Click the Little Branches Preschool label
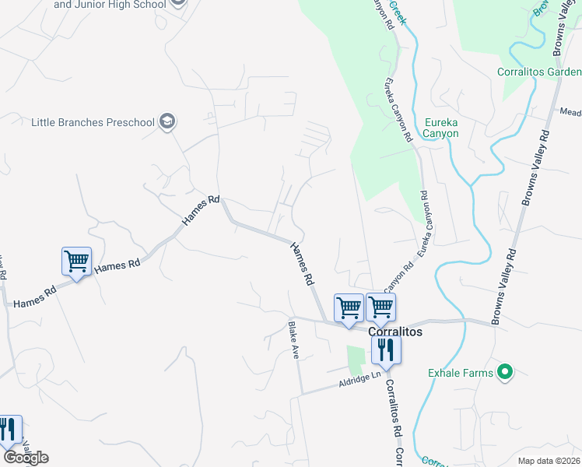pyautogui.click(x=93, y=122)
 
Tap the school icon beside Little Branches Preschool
pyautogui.click(x=167, y=121)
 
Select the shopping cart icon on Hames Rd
pyautogui.click(x=76, y=262)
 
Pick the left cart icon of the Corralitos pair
pyautogui.click(x=349, y=307)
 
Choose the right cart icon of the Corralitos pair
pyautogui.click(x=380, y=307)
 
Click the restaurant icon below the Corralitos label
pyautogui.click(x=386, y=350)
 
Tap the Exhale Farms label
pyautogui.click(x=461, y=373)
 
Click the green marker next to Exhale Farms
pyautogui.click(x=505, y=373)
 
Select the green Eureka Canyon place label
pyautogui.click(x=441, y=128)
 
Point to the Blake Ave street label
pyautogui.click(x=295, y=341)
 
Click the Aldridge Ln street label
pyautogui.click(x=359, y=380)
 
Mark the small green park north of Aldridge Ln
pyautogui.click(x=356, y=359)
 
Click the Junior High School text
pyautogui.click(x=110, y=4)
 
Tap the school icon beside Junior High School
pyautogui.click(x=178, y=2)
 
